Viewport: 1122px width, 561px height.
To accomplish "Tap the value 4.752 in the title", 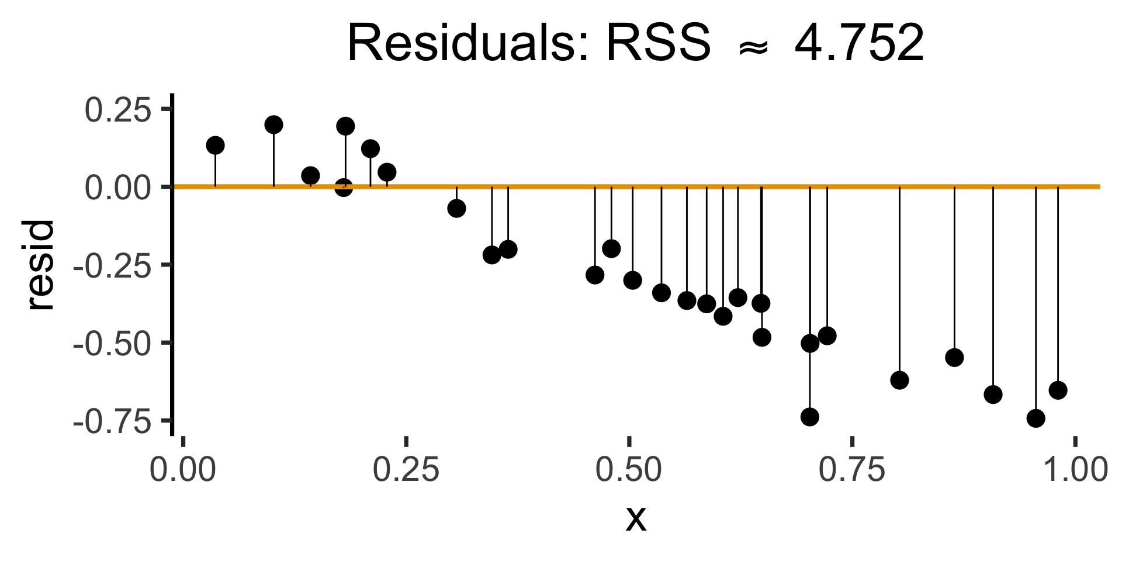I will (x=859, y=44).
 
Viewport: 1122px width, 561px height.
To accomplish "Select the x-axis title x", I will (x=636, y=518).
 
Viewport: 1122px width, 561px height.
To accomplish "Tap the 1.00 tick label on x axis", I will (x=1075, y=470).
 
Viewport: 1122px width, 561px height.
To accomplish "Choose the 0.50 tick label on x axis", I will (x=628, y=470).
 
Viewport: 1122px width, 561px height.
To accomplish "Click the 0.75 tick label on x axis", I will (x=852, y=470).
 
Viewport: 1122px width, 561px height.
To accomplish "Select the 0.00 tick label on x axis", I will (x=183, y=470).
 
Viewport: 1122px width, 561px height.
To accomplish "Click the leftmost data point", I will (x=216, y=145).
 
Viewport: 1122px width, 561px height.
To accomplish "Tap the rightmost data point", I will (x=1058, y=390).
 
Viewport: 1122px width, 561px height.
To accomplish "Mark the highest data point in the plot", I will (x=273, y=124).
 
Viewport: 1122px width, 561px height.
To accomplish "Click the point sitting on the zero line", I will (x=344, y=188).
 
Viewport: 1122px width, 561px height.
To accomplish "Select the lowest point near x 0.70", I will (x=809, y=417).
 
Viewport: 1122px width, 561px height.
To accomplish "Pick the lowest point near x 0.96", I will (x=1036, y=418).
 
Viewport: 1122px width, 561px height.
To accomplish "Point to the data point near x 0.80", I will (x=899, y=380).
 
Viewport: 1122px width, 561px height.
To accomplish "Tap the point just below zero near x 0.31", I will (x=456, y=208).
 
